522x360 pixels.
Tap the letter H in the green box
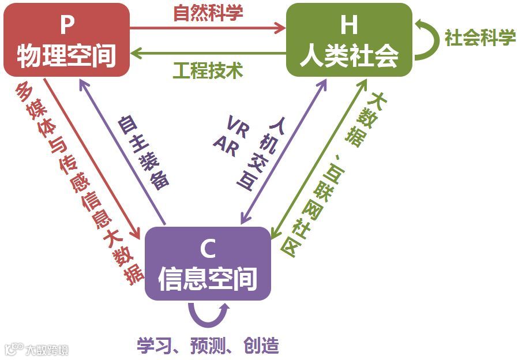[x=349, y=27]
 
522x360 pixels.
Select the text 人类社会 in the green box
[x=349, y=56]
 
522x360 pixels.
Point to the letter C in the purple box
[x=207, y=249]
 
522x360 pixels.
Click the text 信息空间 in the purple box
[x=207, y=279]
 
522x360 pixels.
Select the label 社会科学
[x=479, y=38]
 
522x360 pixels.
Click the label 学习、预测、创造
[x=208, y=346]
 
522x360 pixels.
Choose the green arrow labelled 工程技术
[x=208, y=55]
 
